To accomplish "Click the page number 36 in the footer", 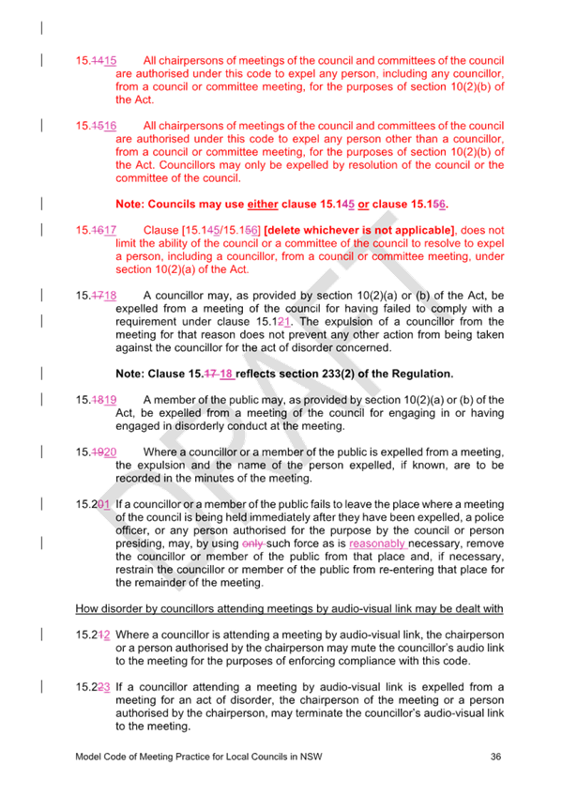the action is click(495, 757).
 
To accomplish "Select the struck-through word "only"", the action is click(252, 543).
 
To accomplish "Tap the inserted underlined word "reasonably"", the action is click(377, 543).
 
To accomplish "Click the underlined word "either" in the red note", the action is click(263, 204).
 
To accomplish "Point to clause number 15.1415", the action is click(96, 60).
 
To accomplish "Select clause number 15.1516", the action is click(96, 126).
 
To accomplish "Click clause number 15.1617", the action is click(96, 230).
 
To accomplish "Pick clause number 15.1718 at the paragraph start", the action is click(96, 296).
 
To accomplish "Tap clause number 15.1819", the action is click(96, 400).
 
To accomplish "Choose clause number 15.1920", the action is click(96, 452).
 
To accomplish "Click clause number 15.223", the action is click(93, 687).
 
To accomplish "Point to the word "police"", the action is click(489, 517).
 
